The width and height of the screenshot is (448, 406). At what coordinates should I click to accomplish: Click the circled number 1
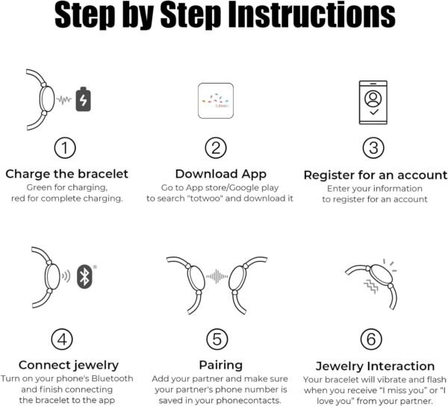(65, 149)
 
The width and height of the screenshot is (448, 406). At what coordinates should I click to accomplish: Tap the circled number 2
(216, 149)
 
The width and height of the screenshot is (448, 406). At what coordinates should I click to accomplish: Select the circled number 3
(373, 148)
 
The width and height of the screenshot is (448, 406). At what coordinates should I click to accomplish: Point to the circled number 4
(62, 339)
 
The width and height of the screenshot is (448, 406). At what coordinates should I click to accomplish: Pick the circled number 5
(217, 339)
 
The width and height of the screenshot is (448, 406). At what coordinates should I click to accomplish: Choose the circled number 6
(371, 339)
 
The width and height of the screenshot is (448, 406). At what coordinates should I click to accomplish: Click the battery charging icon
(83, 99)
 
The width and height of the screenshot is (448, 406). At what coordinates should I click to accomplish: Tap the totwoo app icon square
(216, 101)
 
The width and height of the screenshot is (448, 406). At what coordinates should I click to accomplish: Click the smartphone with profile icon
(373, 102)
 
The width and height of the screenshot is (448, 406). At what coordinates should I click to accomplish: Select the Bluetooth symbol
(84, 277)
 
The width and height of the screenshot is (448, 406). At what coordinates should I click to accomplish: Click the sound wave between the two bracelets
(217, 276)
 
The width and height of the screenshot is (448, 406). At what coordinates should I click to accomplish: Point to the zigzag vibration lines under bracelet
(371, 287)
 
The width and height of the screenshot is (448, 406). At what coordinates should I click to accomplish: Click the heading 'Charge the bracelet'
(67, 174)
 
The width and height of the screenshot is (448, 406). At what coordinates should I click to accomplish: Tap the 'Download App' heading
(220, 174)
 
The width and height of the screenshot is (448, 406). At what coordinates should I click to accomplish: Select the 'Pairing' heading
(220, 365)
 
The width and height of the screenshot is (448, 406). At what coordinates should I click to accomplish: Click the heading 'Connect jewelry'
(69, 365)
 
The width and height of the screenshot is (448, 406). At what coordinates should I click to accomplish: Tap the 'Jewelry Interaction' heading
(375, 366)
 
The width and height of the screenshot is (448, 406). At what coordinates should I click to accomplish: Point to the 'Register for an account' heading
(376, 175)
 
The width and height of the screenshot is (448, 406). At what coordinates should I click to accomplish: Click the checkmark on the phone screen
(374, 112)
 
